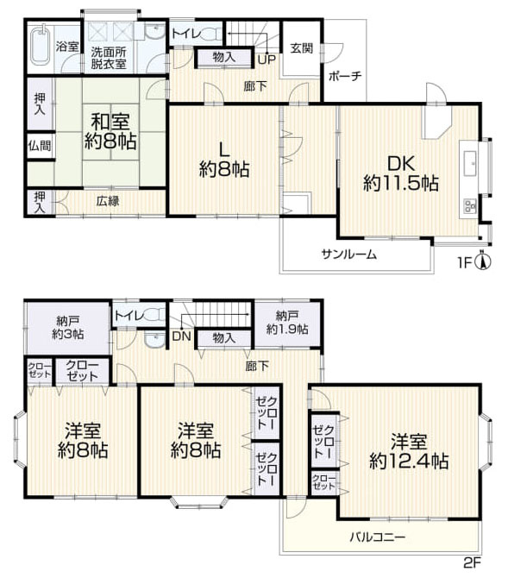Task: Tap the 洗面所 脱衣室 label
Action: click(x=109, y=58)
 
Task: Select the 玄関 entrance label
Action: click(x=302, y=48)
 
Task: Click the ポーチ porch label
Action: click(x=345, y=76)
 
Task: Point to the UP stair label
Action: click(x=267, y=60)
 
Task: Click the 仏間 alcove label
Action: click(x=40, y=145)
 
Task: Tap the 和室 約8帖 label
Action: click(x=110, y=131)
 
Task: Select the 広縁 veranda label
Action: click(x=108, y=201)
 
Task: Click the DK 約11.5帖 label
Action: click(x=401, y=173)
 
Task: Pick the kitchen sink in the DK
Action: click(x=469, y=162)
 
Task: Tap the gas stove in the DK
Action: click(x=469, y=205)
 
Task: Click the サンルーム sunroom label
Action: click(x=349, y=254)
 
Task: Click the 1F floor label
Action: click(x=465, y=263)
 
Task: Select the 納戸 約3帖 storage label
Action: click(x=68, y=327)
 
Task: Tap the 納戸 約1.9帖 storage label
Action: click(x=287, y=322)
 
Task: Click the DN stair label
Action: click(x=181, y=336)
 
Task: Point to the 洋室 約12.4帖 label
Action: click(x=409, y=451)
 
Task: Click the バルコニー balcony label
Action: click(x=378, y=537)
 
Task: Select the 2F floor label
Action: click(x=473, y=562)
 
